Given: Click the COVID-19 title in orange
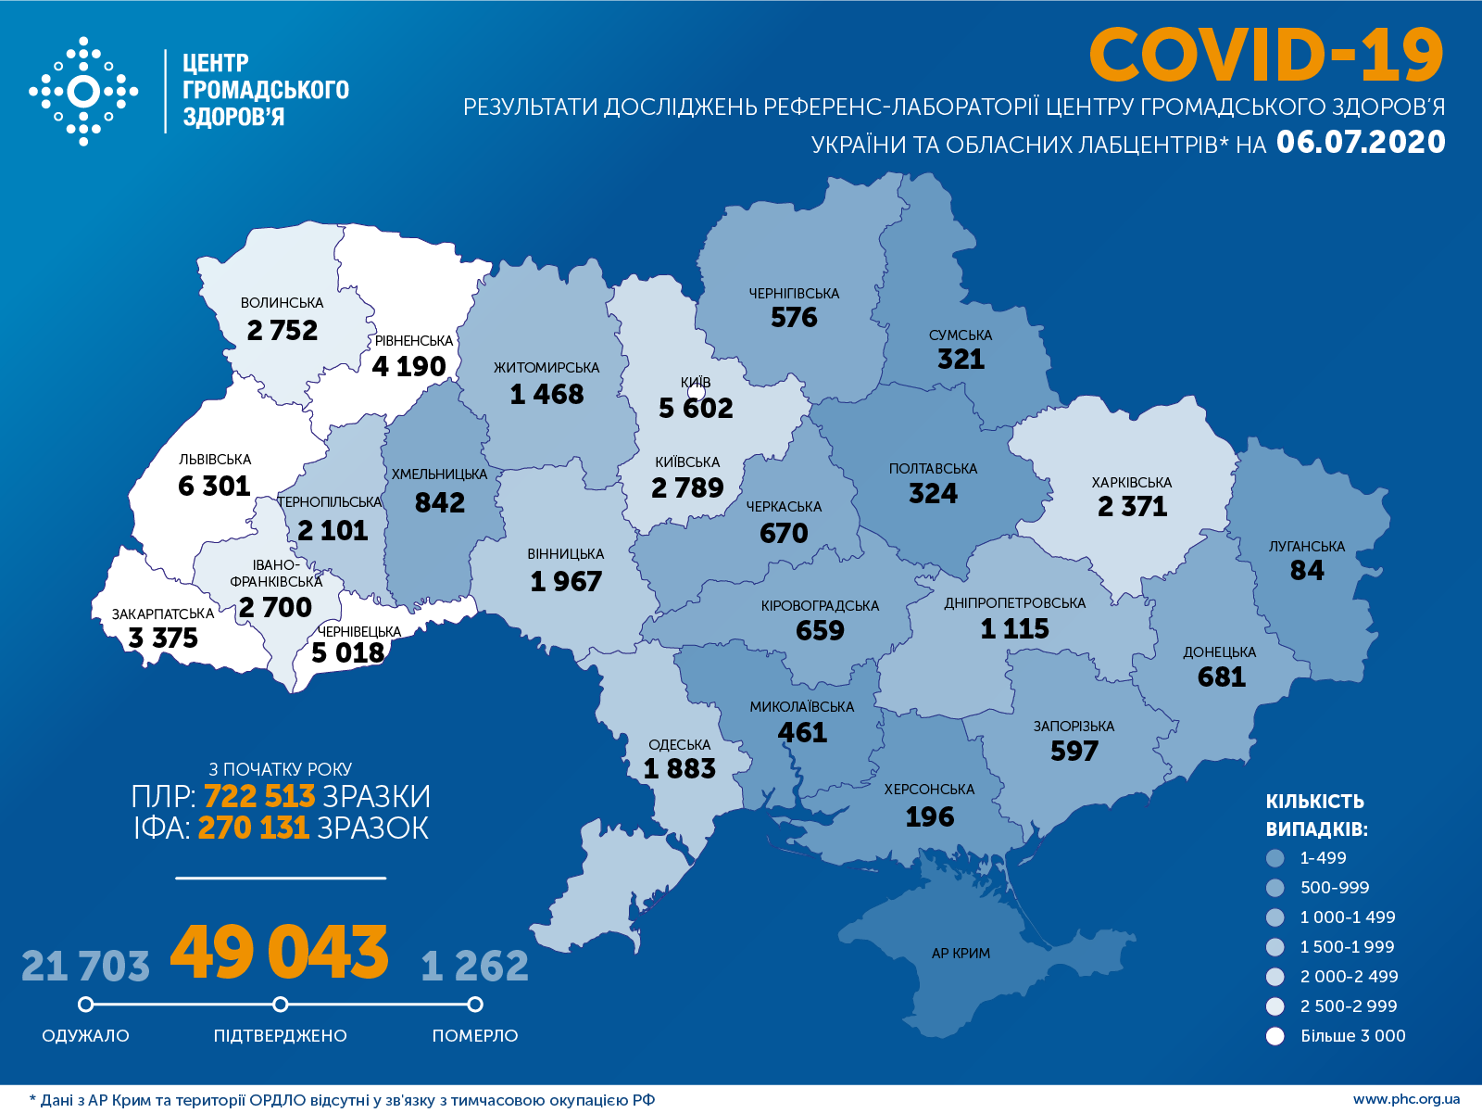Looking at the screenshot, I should coord(1265,55).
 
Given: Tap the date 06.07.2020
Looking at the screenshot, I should coord(1360,142).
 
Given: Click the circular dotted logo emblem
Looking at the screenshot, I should coord(83,92).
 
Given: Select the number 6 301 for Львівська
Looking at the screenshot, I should coord(214,486).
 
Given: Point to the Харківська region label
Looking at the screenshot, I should coord(1131,482).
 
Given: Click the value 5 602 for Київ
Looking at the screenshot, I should coord(696,408).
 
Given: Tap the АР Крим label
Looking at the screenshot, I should coord(961,953).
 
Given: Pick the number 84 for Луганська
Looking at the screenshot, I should coord(1307,570).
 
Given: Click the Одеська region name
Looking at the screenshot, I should coord(679,744).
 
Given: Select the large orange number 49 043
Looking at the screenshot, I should coord(280,952).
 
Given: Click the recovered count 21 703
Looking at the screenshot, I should coord(85,967).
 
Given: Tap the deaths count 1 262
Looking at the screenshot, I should coord(474,967).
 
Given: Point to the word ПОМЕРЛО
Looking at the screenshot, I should coord(474,1035).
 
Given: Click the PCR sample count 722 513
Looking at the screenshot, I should coord(258,796).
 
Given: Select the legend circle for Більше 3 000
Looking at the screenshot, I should coord(1275,1036).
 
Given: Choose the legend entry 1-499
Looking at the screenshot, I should coord(1323,858).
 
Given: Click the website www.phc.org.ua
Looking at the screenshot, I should coord(1406,1099).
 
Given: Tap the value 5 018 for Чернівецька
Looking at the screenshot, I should coord(347,652).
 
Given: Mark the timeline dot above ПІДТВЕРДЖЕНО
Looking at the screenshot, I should coord(281,1005).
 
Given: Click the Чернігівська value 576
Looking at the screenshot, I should coord(794,317).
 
